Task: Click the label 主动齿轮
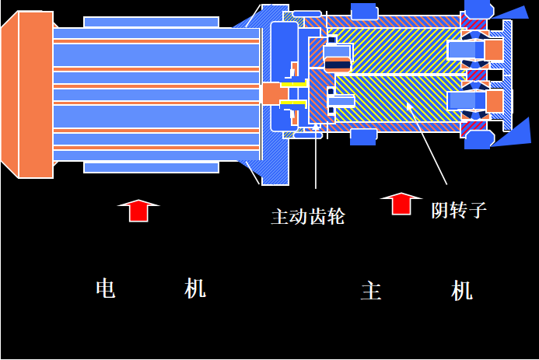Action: [307, 216]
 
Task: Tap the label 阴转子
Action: [459, 209]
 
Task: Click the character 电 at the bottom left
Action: [106, 288]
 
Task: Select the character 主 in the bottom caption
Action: [371, 291]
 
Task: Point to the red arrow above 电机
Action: [138, 210]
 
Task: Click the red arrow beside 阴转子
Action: [401, 203]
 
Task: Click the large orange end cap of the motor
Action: [35, 94]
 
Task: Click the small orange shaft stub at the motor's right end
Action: [270, 93]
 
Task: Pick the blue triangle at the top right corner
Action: [513, 12]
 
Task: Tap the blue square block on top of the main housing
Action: [363, 11]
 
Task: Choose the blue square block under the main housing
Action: [363, 137]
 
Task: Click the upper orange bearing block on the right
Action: [493, 50]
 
